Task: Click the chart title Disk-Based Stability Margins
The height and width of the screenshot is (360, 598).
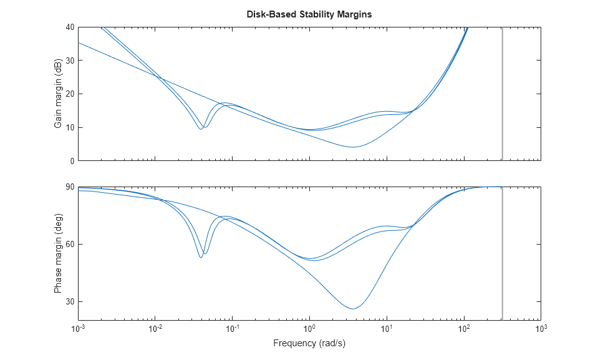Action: (309, 14)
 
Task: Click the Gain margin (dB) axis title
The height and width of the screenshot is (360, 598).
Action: (58, 94)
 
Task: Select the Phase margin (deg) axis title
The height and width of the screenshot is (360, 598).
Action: (58, 254)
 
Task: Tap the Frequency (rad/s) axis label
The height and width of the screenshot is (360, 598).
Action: (309, 343)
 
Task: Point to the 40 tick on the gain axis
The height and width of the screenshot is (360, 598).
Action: (70, 27)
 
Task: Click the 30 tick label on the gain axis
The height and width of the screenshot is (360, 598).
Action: (70, 61)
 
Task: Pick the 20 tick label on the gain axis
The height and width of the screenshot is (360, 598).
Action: (70, 94)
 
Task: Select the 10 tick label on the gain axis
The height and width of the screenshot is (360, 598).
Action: (70, 127)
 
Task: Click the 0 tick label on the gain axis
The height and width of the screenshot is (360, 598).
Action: (72, 161)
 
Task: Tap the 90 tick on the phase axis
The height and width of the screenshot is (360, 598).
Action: (70, 187)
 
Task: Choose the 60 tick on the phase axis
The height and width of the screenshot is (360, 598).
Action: (70, 244)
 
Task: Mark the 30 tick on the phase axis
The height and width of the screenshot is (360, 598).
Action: (70, 301)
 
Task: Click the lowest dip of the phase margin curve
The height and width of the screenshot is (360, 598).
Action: (353, 309)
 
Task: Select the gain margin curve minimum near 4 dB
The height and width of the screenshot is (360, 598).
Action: (353, 147)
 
